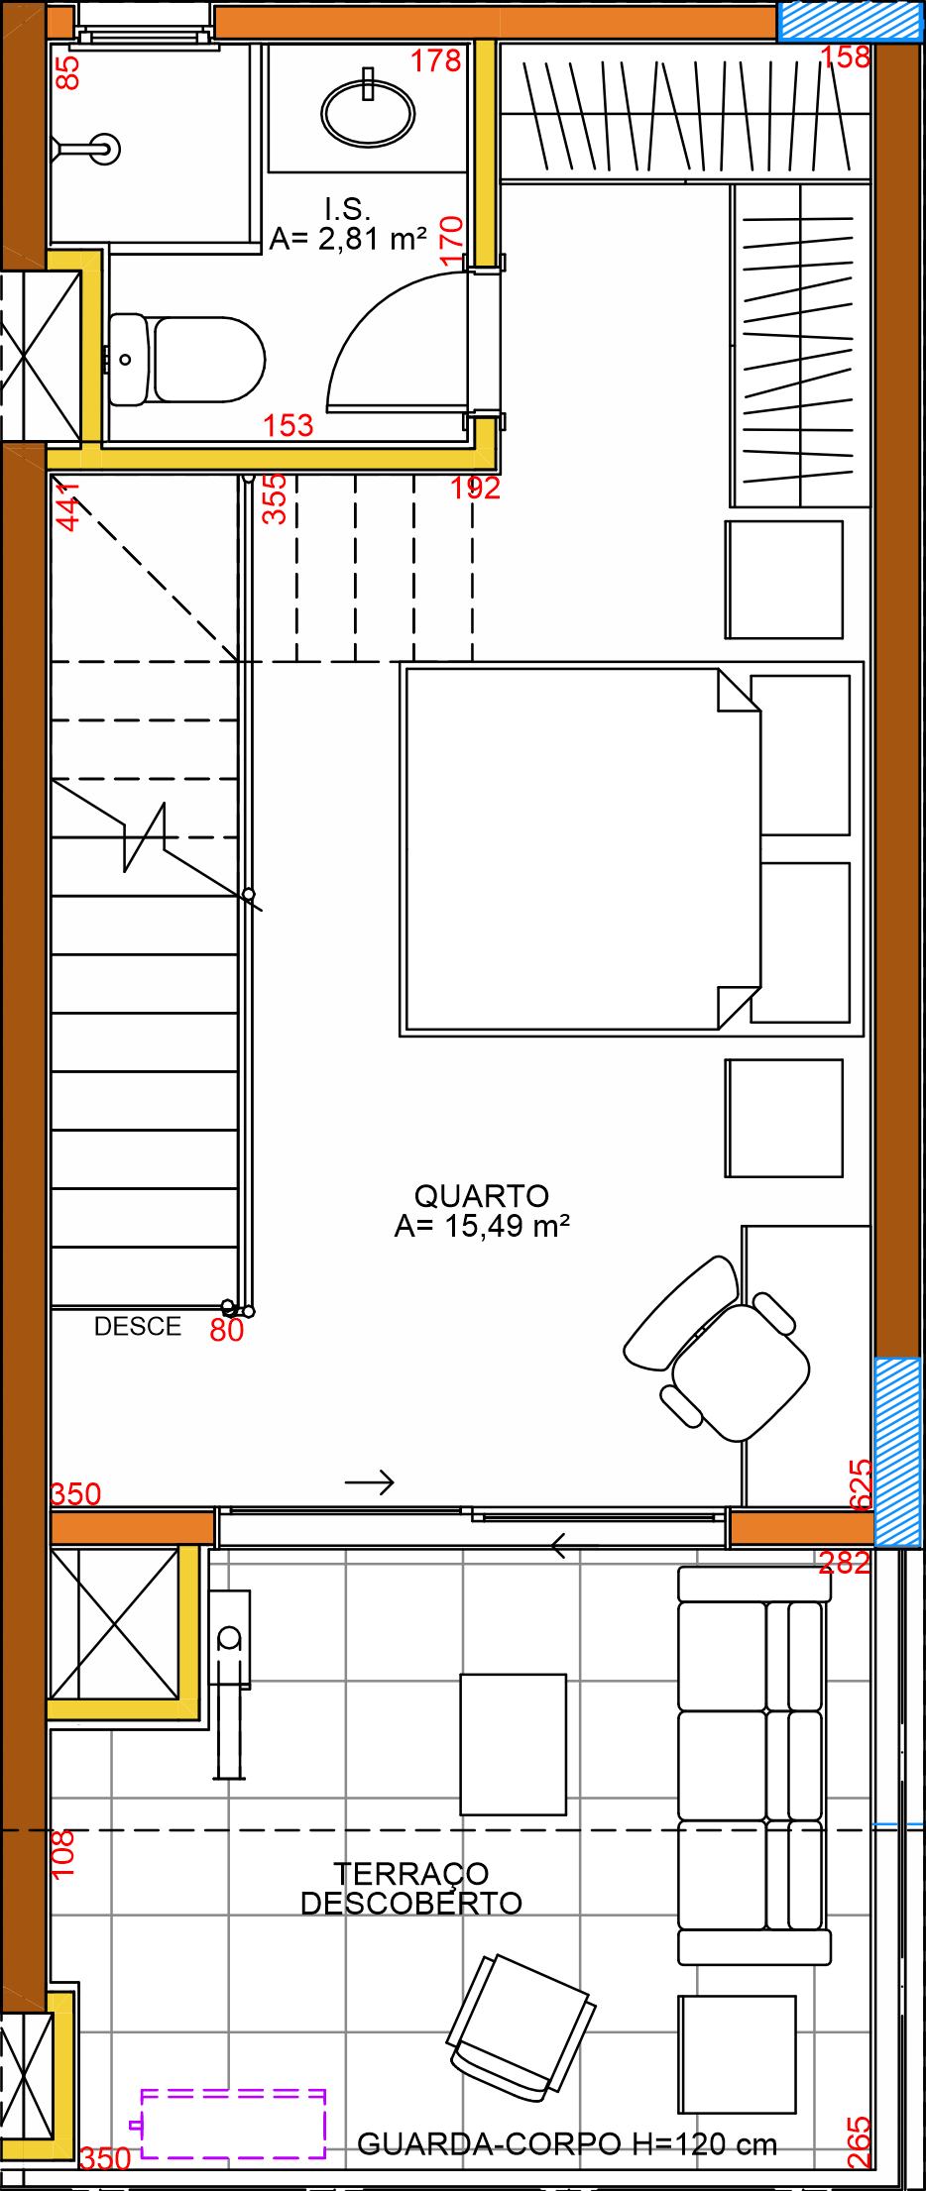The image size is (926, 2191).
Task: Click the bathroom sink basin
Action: (x=368, y=112)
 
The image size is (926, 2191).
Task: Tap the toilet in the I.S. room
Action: (x=186, y=360)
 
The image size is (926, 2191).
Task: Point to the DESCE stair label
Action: (x=138, y=1326)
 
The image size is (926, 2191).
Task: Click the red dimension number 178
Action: (x=436, y=61)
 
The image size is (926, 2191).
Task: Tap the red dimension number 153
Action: (x=289, y=425)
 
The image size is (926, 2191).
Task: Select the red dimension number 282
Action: (x=845, y=1563)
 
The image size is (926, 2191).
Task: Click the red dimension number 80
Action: (x=227, y=1330)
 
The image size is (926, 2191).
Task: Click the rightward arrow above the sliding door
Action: (x=370, y=1482)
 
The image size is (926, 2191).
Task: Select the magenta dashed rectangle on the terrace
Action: (x=233, y=2124)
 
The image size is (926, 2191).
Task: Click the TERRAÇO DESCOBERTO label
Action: (x=411, y=1888)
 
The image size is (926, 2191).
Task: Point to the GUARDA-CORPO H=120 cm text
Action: (x=567, y=2144)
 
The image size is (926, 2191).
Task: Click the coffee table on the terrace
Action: (x=514, y=1744)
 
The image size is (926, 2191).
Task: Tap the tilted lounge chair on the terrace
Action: (x=521, y=2027)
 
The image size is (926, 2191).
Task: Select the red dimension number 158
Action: (x=846, y=56)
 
